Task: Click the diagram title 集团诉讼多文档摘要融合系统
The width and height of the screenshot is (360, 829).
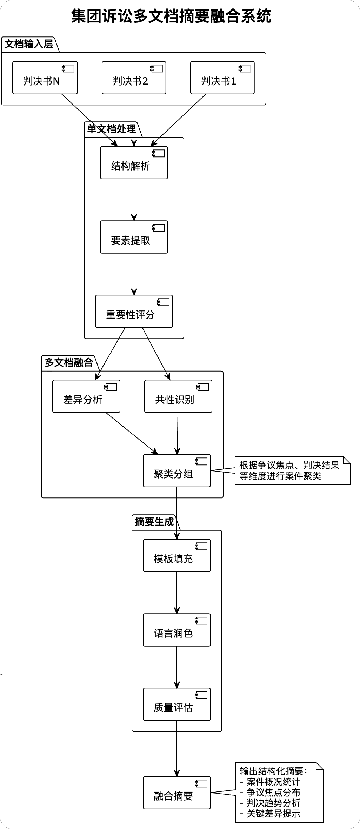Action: click(171, 16)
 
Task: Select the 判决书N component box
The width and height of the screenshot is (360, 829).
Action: click(45, 78)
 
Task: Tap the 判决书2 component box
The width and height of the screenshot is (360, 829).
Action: click(134, 78)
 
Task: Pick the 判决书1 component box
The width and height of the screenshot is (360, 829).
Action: click(222, 78)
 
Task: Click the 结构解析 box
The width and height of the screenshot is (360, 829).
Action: click(134, 163)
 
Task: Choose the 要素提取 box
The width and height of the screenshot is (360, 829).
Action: click(134, 237)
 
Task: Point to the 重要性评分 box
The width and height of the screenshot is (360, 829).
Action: click(134, 312)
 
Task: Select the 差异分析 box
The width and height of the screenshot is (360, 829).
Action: click(86, 396)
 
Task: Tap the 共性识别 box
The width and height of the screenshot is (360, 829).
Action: click(178, 396)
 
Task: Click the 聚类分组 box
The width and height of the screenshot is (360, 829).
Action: click(176, 471)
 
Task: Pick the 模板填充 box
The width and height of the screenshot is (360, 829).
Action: click(176, 556)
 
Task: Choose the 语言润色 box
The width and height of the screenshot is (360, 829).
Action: click(176, 630)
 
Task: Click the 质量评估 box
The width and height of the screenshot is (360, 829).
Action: click(176, 704)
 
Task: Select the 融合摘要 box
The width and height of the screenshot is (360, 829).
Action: click(176, 793)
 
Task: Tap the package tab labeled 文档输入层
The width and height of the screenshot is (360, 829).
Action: click(29, 44)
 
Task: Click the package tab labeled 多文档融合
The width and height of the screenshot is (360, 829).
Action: click(68, 362)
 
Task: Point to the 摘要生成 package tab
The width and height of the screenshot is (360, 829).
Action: click(154, 522)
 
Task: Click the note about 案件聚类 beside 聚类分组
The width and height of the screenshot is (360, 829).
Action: click(289, 471)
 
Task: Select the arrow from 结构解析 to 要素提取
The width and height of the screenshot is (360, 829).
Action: click(134, 200)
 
